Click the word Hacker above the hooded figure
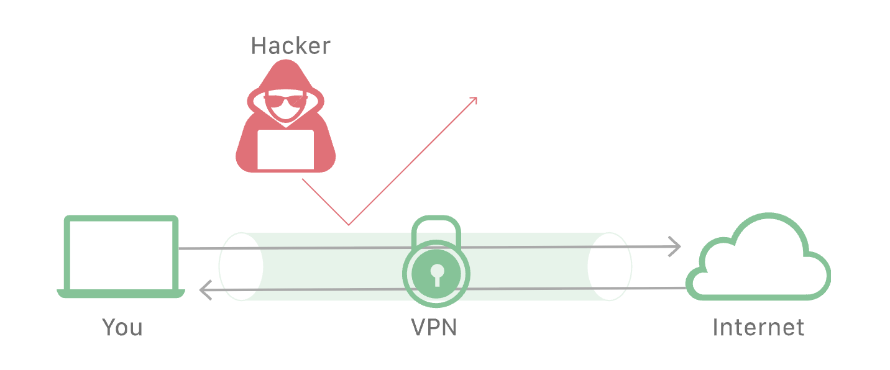[x=290, y=46]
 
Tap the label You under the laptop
[x=122, y=327]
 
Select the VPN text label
[x=434, y=327]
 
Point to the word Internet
[x=758, y=327]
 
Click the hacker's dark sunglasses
[x=285, y=99]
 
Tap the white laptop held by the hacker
[x=285, y=149]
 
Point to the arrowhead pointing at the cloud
[x=676, y=246]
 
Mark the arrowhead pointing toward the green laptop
[x=203, y=290]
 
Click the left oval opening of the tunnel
[x=241, y=267]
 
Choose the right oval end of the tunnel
[x=610, y=267]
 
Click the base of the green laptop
[x=121, y=294]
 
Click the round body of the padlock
[x=436, y=273]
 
